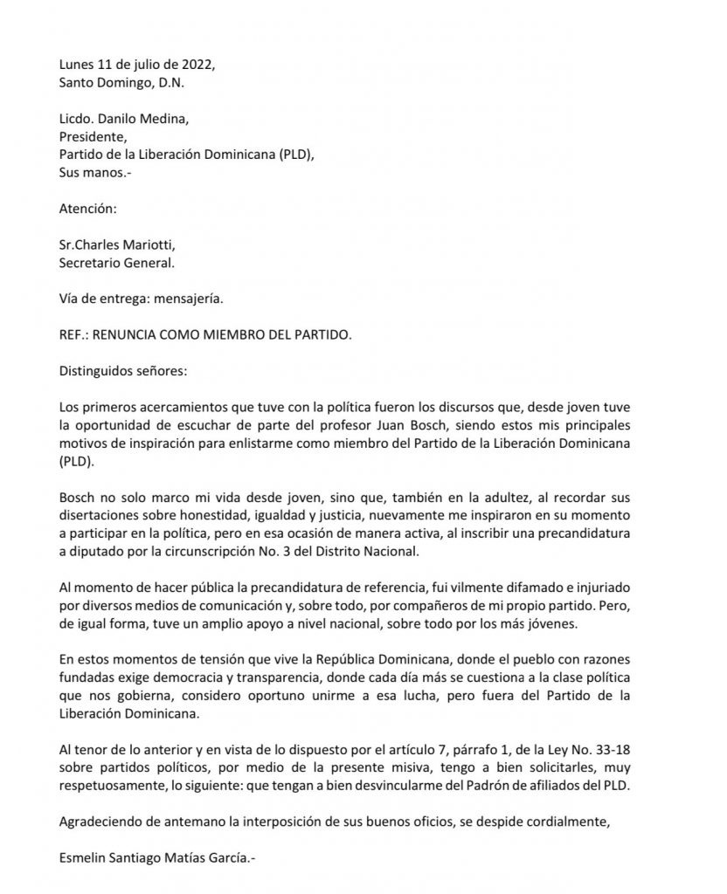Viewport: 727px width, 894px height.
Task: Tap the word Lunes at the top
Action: [77, 66]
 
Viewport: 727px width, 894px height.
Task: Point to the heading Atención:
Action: [87, 210]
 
